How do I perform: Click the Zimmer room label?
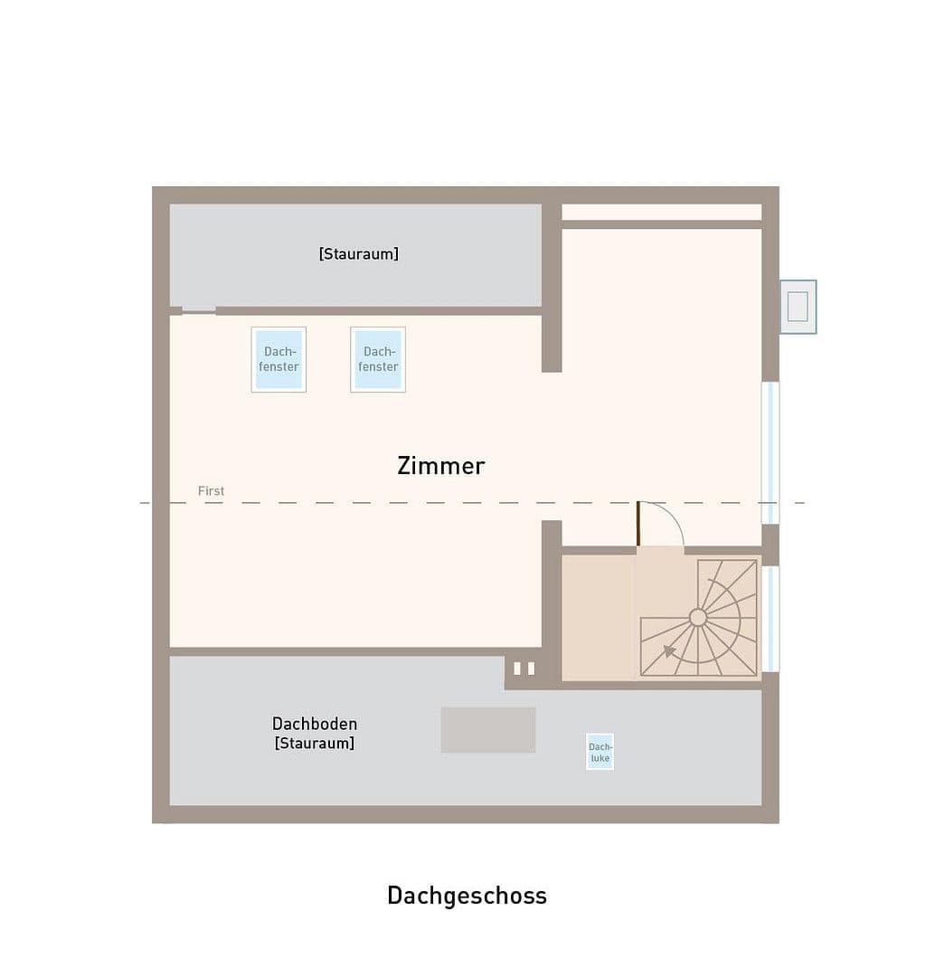(x=440, y=466)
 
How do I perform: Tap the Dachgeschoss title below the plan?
(x=467, y=896)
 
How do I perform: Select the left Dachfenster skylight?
(x=279, y=359)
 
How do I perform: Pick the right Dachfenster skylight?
(x=378, y=359)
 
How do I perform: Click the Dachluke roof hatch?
(x=600, y=752)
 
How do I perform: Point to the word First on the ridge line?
(x=211, y=491)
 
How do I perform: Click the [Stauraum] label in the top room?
(x=358, y=254)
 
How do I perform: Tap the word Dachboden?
(x=315, y=724)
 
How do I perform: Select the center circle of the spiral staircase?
(x=698, y=617)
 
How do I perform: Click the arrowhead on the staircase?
(x=669, y=650)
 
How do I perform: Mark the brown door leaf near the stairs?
(x=637, y=524)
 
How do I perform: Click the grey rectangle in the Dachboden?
(x=488, y=730)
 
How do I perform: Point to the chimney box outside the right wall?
(x=798, y=307)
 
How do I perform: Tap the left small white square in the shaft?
(x=517, y=669)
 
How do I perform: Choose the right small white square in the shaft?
(x=531, y=669)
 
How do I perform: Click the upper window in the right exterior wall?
(x=770, y=452)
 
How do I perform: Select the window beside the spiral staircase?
(x=770, y=619)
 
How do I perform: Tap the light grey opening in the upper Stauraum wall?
(x=199, y=310)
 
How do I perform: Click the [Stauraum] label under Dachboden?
(x=314, y=744)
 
